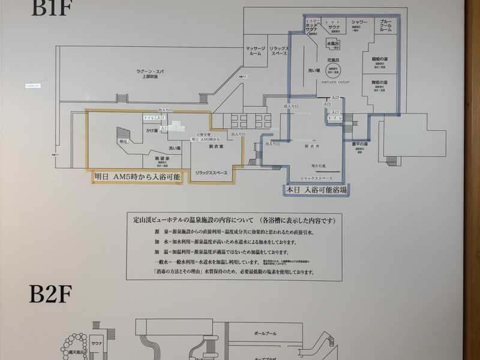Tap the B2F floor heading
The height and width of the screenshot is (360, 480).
(x=51, y=296)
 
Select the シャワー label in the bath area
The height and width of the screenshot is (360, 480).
(x=359, y=23)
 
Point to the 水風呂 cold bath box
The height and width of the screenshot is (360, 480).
(x=333, y=44)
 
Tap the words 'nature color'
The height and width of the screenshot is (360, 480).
(x=335, y=82)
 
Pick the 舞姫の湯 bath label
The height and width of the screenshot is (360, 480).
(x=380, y=81)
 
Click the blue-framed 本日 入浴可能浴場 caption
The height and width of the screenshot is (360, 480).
(x=316, y=189)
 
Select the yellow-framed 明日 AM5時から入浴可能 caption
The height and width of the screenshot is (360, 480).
(x=136, y=177)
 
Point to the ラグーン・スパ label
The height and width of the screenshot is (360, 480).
(x=146, y=73)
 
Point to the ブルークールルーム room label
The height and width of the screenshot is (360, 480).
(x=386, y=25)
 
